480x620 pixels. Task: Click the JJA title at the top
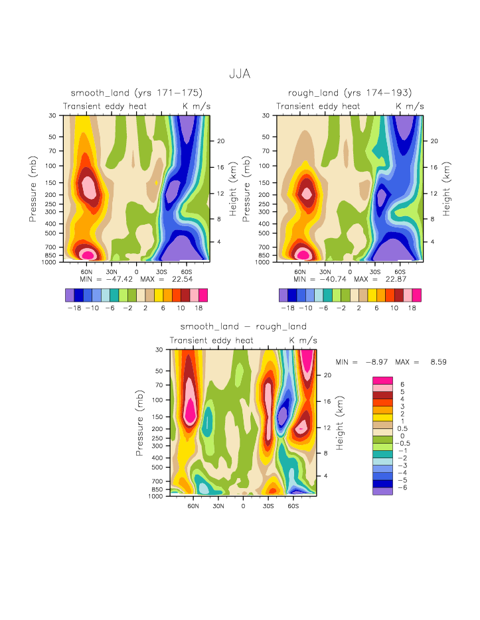[x=240, y=74]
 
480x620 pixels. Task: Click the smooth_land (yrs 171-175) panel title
[x=137, y=92]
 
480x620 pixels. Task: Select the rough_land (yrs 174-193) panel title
[x=350, y=92]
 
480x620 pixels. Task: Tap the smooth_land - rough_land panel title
[x=244, y=326]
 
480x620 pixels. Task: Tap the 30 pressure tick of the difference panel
[x=159, y=349]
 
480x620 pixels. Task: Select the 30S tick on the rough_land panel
[x=374, y=271]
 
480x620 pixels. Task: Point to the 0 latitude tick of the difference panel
[x=243, y=505]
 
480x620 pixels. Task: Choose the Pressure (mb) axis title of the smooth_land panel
[x=33, y=188]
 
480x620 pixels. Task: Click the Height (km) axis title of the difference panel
[x=339, y=422]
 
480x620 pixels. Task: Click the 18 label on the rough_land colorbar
[x=412, y=308]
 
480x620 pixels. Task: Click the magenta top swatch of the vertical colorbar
[x=382, y=379]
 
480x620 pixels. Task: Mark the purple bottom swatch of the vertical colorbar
[x=382, y=491]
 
